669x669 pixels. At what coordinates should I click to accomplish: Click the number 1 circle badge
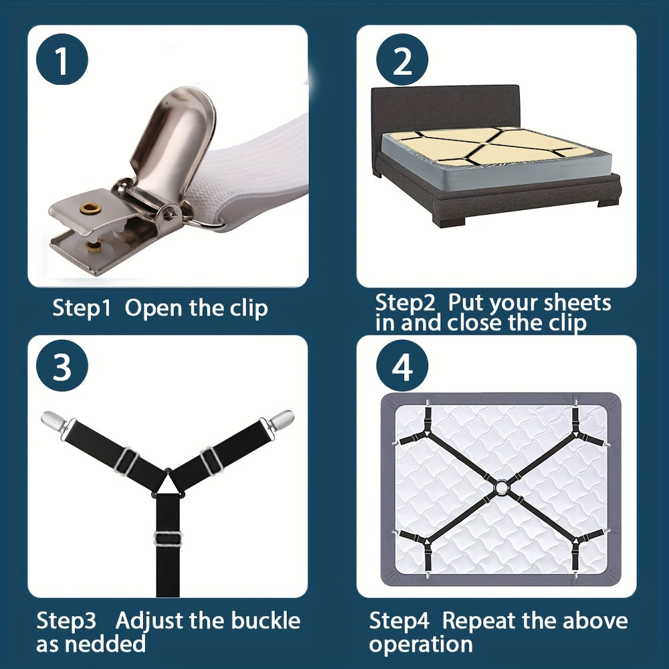[62, 60]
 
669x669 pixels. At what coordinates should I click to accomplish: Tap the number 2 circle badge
[402, 60]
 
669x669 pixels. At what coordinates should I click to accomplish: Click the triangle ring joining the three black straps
[169, 482]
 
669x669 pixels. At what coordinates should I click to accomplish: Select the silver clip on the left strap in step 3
[54, 421]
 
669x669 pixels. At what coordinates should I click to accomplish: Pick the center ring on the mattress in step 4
[501, 487]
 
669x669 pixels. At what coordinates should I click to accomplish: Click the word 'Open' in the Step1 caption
[153, 308]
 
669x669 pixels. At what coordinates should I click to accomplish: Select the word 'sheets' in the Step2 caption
[577, 302]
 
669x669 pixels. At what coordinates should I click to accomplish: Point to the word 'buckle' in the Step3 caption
[266, 620]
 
